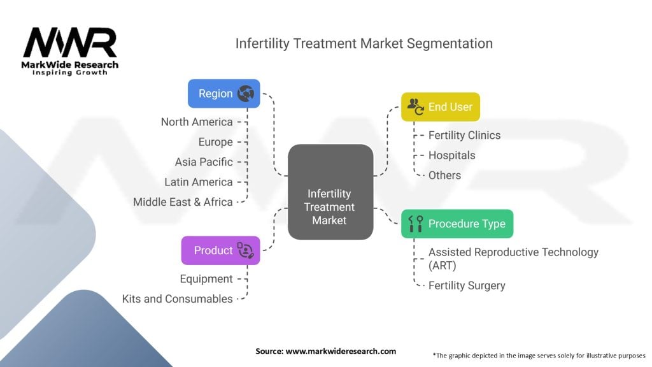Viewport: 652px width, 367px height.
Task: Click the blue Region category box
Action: pos(223,94)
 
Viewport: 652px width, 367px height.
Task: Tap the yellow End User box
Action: pos(440,107)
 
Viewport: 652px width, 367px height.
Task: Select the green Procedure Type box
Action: pos(457,224)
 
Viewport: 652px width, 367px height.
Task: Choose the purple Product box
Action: pos(220,250)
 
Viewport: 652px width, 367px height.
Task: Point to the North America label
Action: pos(197,122)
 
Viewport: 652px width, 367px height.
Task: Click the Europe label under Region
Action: pos(215,142)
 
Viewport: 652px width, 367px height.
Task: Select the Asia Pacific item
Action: pos(204,162)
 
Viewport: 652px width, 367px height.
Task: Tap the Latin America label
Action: pos(198,182)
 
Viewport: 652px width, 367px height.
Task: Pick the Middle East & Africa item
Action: pos(183,202)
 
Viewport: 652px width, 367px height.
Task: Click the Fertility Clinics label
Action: pos(464,135)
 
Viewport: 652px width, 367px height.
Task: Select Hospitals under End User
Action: pos(451,155)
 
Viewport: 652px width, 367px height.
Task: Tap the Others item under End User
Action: pos(444,175)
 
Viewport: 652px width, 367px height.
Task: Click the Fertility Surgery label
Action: pos(467,285)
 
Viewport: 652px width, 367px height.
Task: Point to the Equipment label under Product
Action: pos(206,279)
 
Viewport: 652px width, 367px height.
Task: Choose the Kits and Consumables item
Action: pos(178,299)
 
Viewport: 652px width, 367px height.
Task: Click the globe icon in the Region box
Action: pos(245,94)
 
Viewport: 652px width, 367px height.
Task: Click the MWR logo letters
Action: pos(70,44)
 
